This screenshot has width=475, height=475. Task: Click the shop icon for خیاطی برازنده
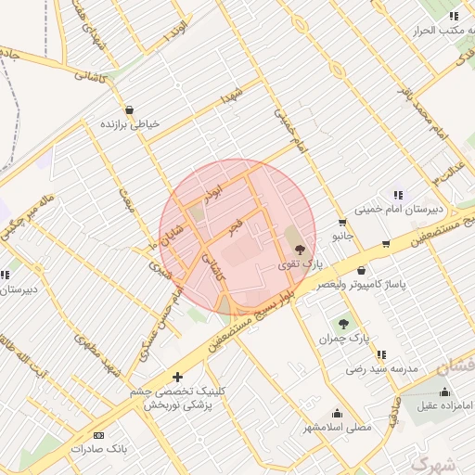click(128, 109)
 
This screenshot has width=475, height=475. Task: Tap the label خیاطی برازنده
click(131, 123)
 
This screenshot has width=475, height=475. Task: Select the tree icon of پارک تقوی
click(299, 249)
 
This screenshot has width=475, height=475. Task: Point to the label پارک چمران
click(339, 340)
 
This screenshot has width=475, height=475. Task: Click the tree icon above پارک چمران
click(343, 324)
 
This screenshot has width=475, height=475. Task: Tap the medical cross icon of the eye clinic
click(177, 377)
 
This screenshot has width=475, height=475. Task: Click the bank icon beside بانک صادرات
click(99, 435)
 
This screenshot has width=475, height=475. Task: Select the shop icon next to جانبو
click(342, 222)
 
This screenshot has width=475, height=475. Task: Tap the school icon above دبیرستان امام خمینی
click(399, 195)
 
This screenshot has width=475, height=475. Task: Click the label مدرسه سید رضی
click(382, 368)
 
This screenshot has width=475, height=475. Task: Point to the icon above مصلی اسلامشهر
click(336, 413)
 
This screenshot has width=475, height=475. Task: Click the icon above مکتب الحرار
click(453, 16)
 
